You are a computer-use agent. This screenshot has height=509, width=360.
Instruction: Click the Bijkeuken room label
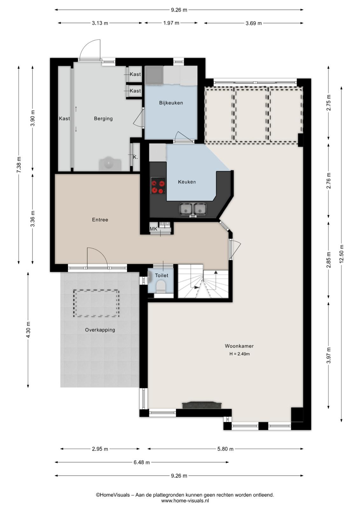pyautogui.click(x=171, y=103)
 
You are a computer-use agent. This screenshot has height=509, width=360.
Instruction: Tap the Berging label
pyautogui.click(x=103, y=119)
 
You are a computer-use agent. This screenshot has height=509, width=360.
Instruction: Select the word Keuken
pyautogui.click(x=187, y=182)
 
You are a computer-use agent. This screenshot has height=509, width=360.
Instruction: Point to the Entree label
pyautogui.click(x=100, y=220)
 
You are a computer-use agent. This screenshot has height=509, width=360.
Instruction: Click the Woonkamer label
pyautogui.click(x=239, y=346)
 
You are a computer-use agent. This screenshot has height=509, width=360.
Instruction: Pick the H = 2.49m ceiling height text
pyautogui.click(x=239, y=354)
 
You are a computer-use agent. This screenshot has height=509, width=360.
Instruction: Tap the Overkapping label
pyautogui.click(x=100, y=330)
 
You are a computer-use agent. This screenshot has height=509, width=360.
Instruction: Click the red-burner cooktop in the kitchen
pyautogui.click(x=158, y=185)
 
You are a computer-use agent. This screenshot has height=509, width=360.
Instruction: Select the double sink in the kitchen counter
pyautogui.click(x=193, y=209)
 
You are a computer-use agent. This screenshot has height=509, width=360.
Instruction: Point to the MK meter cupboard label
pyautogui.click(x=154, y=229)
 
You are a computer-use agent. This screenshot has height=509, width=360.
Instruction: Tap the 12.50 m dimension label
pyautogui.click(x=342, y=254)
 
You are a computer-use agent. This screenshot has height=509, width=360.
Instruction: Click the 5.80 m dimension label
pyautogui.click(x=225, y=449)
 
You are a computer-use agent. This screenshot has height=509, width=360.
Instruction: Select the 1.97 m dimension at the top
pyautogui.click(x=171, y=23)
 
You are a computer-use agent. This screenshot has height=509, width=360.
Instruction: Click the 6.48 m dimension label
pyautogui.click(x=142, y=463)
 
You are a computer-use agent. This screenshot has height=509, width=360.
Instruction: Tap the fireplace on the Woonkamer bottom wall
pyautogui.click(x=202, y=405)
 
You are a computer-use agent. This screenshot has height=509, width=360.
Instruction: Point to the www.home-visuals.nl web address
pyautogui.click(x=185, y=501)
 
